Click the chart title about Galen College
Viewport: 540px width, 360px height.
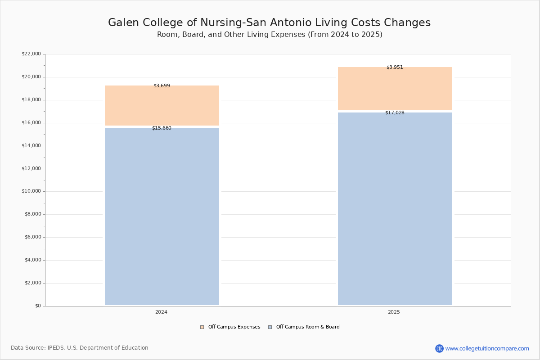[x=269, y=23]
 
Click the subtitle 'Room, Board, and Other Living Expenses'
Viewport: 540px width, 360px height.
[x=270, y=35]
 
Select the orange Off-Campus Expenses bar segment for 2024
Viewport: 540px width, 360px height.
[x=162, y=106]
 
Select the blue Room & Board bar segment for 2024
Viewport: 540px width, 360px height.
[x=162, y=216]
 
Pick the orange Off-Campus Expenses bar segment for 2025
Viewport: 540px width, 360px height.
[x=395, y=89]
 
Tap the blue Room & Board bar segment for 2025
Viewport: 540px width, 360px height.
[x=395, y=209]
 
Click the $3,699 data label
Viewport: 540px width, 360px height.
[x=162, y=86]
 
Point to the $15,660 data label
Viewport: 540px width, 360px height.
[x=162, y=128]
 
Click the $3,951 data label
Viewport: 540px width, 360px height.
[x=395, y=67]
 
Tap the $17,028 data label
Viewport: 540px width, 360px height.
[x=395, y=113]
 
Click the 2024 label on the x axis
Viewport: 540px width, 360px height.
[x=161, y=312]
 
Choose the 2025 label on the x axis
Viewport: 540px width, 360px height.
[x=394, y=312]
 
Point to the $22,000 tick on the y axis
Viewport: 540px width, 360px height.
[x=31, y=54]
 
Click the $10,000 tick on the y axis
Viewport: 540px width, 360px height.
[x=31, y=191]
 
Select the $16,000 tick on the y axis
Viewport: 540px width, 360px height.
[x=31, y=123]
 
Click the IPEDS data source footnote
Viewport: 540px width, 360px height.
[x=80, y=348]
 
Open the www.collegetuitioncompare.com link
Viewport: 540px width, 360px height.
[x=487, y=349]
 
